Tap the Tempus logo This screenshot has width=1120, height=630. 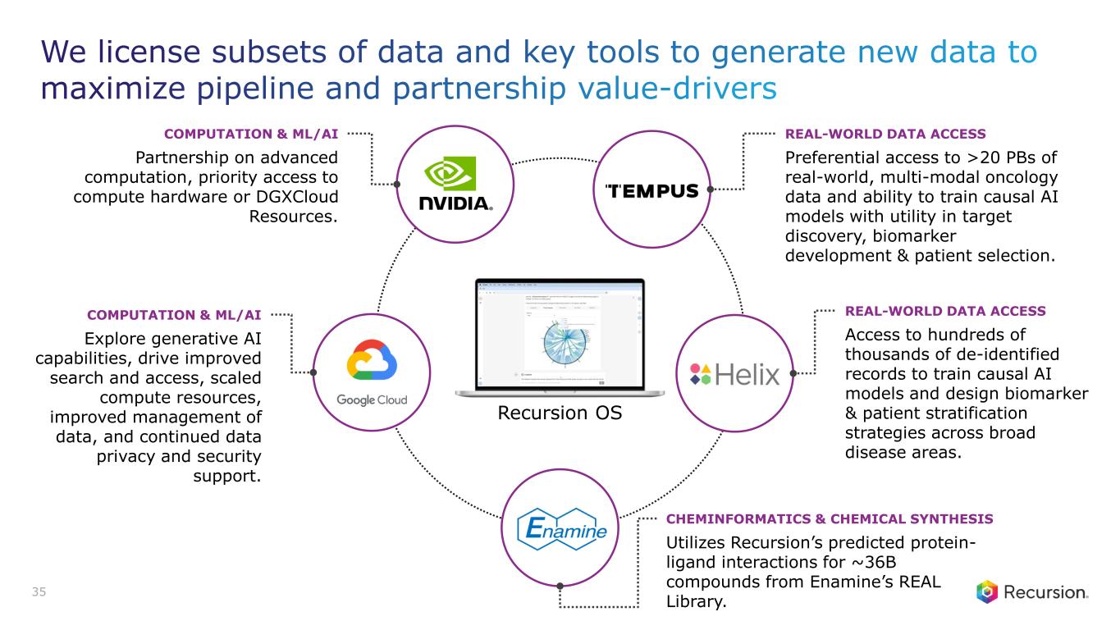click(651, 190)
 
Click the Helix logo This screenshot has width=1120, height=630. click(734, 374)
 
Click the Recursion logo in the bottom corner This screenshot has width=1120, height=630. click(1032, 592)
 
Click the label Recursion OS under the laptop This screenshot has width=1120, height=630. click(560, 413)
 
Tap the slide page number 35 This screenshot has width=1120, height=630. click(39, 591)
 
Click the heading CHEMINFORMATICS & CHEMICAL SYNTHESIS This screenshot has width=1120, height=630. click(830, 519)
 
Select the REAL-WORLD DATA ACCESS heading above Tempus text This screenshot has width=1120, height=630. click(885, 133)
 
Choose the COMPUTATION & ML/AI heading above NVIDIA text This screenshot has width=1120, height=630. click(251, 133)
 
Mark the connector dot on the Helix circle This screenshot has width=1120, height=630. click(793, 373)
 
